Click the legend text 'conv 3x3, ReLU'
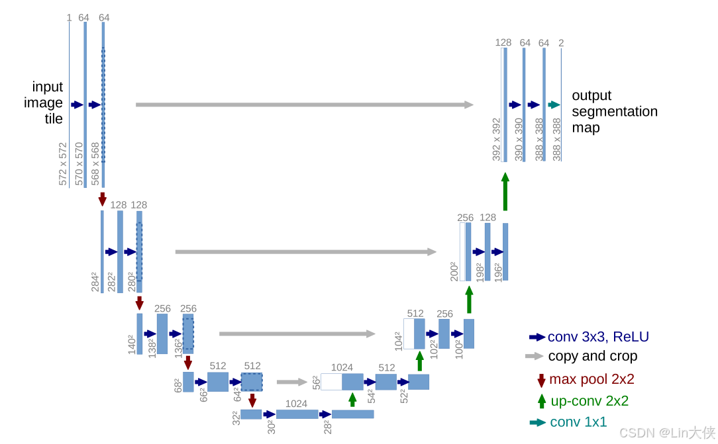click(x=598, y=337)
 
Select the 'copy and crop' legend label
click(x=592, y=356)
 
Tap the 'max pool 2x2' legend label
click(x=591, y=379)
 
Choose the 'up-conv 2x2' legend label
click(x=590, y=401)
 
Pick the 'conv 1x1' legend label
click(x=578, y=422)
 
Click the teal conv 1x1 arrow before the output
click(x=554, y=105)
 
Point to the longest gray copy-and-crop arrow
click(x=305, y=105)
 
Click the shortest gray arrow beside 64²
click(x=292, y=382)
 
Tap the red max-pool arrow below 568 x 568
click(x=102, y=199)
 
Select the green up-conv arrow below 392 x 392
click(x=505, y=192)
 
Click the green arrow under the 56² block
click(x=352, y=399)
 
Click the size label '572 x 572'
click(x=64, y=163)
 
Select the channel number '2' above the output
click(x=561, y=43)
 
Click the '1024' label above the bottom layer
click(x=296, y=404)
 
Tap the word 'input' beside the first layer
click(x=48, y=87)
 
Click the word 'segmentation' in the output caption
click(x=615, y=111)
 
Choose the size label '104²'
click(x=398, y=340)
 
